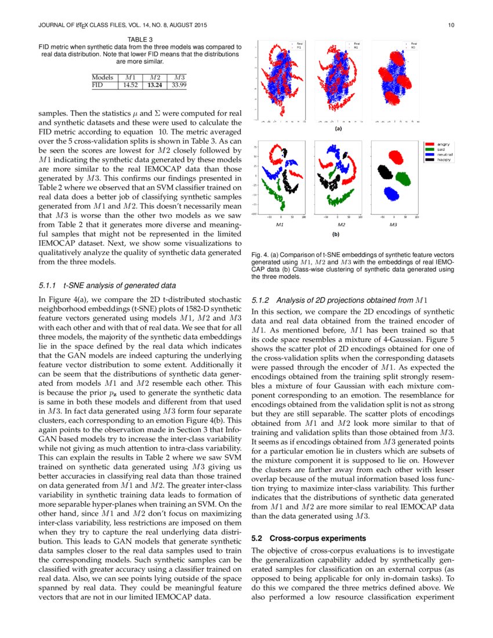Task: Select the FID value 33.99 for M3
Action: click(179, 85)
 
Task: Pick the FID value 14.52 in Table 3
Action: click(129, 85)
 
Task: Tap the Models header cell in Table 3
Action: click(103, 77)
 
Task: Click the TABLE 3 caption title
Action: click(140, 39)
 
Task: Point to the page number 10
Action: click(451, 26)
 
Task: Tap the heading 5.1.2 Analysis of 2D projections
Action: click(339, 300)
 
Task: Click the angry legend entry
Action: click(444, 144)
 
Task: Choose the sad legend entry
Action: click(441, 148)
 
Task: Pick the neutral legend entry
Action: click(445, 154)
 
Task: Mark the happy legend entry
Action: click(444, 159)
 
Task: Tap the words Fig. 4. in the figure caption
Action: click(260, 255)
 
